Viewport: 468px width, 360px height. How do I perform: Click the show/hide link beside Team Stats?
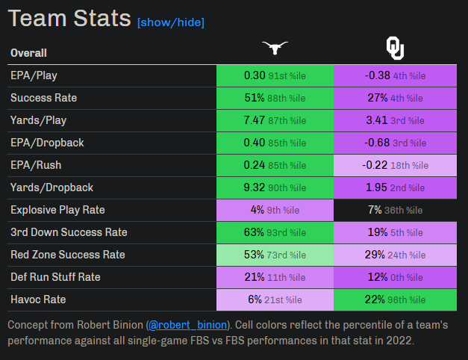[x=170, y=22]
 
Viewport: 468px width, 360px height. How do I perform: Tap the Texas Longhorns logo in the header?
[x=275, y=49]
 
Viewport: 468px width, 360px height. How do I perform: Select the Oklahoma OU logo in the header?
[x=395, y=49]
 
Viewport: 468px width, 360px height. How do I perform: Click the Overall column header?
[x=28, y=53]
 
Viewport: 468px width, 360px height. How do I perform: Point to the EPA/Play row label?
[x=34, y=75]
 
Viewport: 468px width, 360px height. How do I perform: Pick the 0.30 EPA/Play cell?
[x=275, y=75]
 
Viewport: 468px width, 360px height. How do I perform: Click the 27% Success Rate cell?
[x=395, y=98]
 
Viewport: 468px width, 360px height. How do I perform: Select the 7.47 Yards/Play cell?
[x=275, y=120]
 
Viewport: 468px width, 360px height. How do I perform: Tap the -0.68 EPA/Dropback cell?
[x=395, y=143]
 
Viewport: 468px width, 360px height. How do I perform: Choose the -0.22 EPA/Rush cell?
[x=395, y=165]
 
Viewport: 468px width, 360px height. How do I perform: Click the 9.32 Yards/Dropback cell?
[x=275, y=187]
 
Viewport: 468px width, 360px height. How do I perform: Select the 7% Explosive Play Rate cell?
[x=395, y=210]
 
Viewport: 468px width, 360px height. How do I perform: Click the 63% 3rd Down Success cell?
[x=275, y=232]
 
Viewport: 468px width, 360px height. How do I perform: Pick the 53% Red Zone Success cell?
[x=275, y=255]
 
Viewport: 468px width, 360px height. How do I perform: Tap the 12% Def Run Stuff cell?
[x=395, y=277]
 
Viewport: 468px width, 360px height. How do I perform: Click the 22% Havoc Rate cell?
[x=395, y=300]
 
